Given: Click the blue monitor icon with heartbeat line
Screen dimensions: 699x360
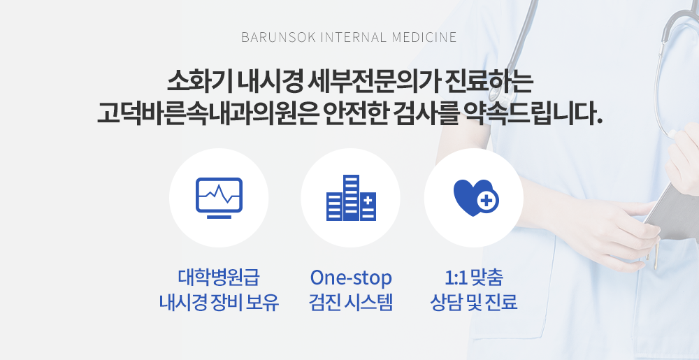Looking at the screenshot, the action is coord(219,198).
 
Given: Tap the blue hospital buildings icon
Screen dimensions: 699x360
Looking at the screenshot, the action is coord(352,198).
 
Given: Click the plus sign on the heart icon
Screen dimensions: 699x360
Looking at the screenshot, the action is coord(487,201).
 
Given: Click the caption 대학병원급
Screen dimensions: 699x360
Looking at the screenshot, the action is coord(219,277).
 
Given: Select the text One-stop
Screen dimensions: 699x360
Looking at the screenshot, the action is coord(351,277).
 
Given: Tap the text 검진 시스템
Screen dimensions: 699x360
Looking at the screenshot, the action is coord(351,302).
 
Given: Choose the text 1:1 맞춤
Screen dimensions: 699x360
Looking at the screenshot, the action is coord(474,277).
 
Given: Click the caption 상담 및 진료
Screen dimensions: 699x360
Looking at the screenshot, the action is coord(474,302).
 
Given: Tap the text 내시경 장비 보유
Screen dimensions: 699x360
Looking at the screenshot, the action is coord(219,302).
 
